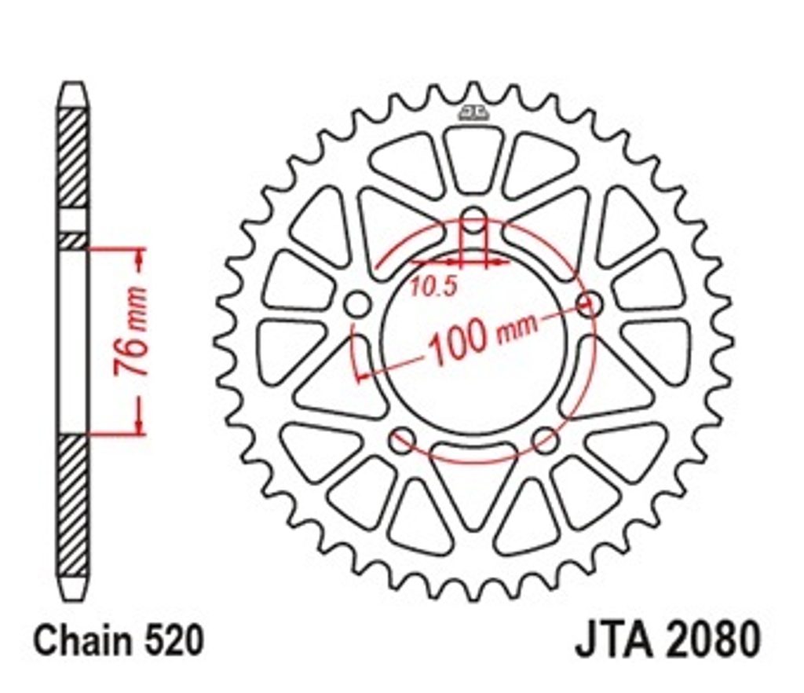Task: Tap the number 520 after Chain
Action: (x=174, y=640)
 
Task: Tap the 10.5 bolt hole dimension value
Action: (x=433, y=287)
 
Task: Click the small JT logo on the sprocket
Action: (x=473, y=112)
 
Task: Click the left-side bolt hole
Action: (x=357, y=304)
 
